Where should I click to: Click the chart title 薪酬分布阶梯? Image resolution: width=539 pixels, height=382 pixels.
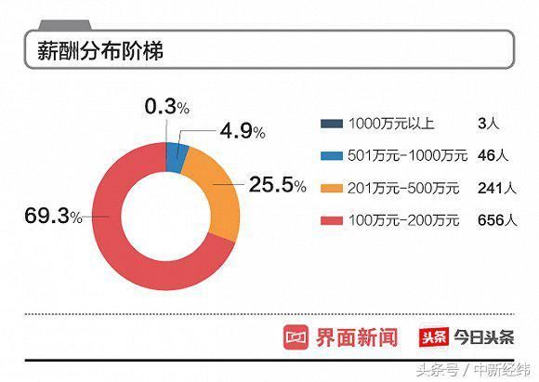(x=100, y=50)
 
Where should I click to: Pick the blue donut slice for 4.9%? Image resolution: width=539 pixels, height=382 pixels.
(x=177, y=158)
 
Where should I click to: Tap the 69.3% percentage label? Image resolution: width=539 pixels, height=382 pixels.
(x=53, y=217)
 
